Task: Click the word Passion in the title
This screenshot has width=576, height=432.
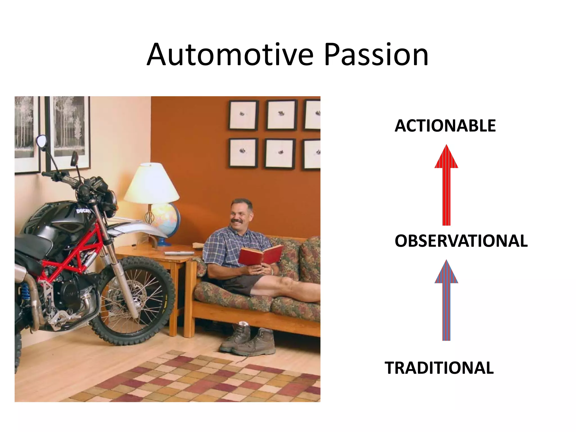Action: (376, 55)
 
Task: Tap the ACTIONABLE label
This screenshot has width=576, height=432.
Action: (445, 126)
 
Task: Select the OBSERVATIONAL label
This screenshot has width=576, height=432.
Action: (461, 241)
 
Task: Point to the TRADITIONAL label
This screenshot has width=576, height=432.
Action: (439, 368)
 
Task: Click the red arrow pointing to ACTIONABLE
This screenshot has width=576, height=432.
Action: (446, 186)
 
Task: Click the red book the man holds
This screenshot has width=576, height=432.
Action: (260, 255)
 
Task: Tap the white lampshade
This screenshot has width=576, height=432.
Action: (152, 184)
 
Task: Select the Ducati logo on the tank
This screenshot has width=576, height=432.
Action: (83, 211)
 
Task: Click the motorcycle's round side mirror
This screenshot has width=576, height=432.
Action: (42, 141)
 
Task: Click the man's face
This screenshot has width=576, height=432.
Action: (240, 214)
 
